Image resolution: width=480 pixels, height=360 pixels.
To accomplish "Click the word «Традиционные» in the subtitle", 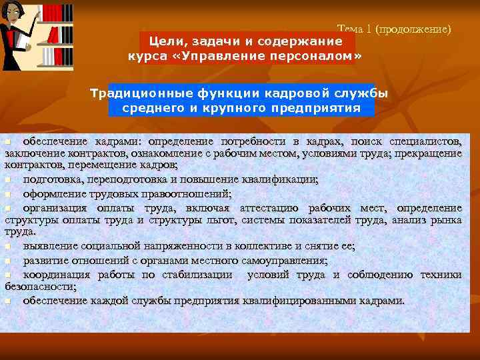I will pyautogui.click(x=139, y=93).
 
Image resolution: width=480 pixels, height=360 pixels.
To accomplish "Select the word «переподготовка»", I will pyautogui.click(x=133, y=179).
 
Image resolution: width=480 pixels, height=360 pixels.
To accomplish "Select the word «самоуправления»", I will pyautogui.click(x=281, y=261).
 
